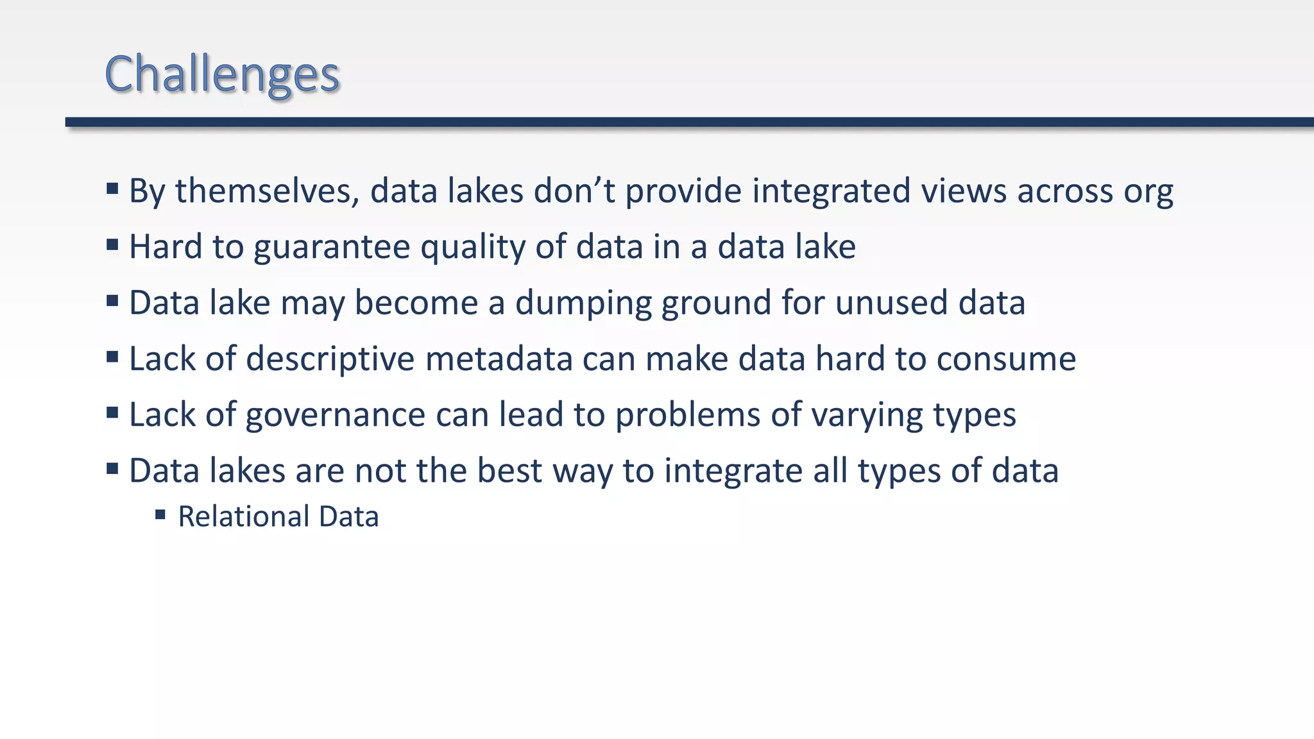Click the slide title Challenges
pos(222,74)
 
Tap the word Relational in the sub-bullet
pos(243,517)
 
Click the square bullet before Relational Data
pos(160,514)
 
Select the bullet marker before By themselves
pos(112,189)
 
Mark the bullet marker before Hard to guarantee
pos(112,244)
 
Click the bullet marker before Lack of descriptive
pos(112,357)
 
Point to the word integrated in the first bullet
pos(831,191)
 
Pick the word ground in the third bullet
pos(716,303)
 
